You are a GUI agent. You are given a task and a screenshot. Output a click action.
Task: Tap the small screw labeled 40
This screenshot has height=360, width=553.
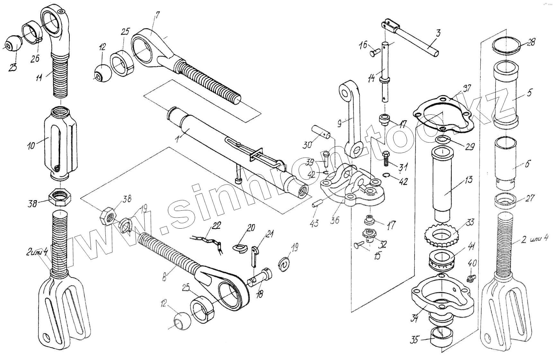[x=470, y=279]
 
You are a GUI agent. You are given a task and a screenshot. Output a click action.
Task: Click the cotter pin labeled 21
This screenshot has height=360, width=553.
[x=254, y=255]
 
